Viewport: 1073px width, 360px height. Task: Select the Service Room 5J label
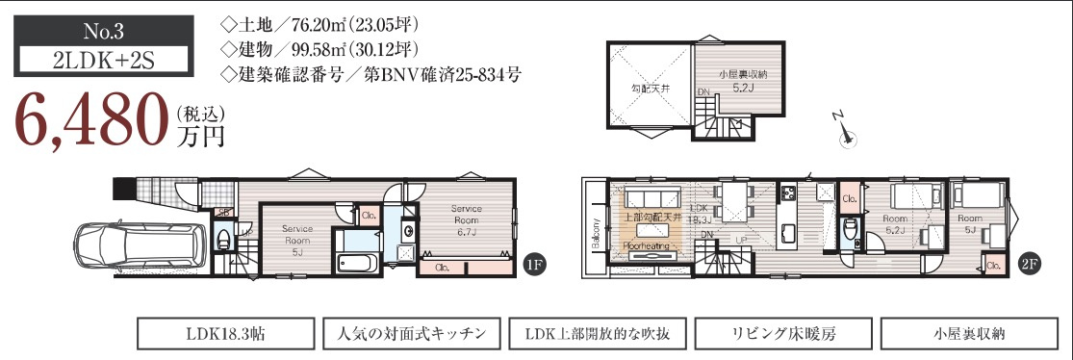coord(296,240)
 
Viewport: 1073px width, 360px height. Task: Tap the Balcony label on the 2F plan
coord(597,236)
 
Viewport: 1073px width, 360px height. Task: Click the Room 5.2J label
coord(897,224)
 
